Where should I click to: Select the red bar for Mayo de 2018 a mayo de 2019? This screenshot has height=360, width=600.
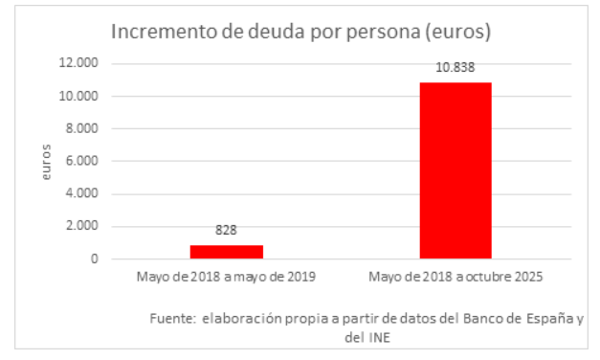tap(226, 252)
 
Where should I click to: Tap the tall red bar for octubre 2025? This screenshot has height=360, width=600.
tap(455, 170)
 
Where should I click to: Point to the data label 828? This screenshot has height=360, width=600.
tap(226, 231)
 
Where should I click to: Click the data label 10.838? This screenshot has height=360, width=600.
tap(455, 68)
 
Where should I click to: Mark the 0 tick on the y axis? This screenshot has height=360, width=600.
tap(96, 259)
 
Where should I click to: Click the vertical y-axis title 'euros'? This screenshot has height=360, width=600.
tap(46, 162)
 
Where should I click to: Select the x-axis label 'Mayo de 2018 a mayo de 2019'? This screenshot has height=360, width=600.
tap(226, 278)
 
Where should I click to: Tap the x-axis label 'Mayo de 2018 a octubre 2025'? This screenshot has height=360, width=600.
tap(456, 278)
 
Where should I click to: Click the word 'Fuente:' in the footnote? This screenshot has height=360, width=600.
tap(172, 318)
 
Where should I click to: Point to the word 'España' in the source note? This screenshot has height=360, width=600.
tap(550, 318)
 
